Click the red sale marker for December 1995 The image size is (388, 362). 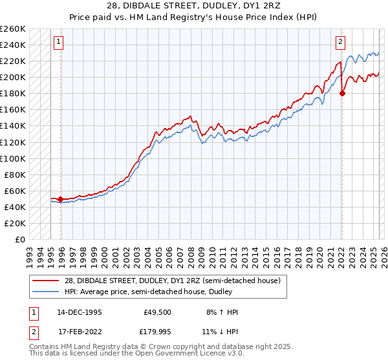tap(61, 199)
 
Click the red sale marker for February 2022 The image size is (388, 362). tap(342, 93)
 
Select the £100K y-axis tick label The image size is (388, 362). tap(12, 158)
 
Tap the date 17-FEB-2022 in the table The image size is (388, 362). tap(78, 332)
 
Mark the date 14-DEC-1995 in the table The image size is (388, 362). tap(78, 312)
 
